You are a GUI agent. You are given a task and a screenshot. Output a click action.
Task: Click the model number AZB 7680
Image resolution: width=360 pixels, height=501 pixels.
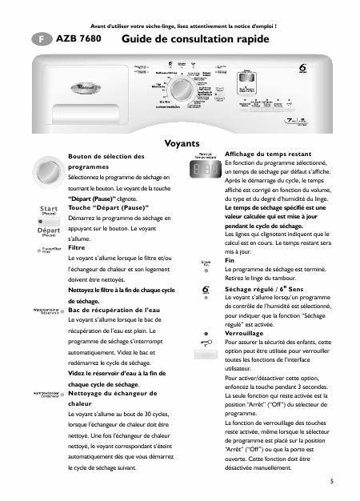tap(78, 38)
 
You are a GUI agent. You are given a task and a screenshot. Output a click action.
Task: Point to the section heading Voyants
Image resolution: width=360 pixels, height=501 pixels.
tap(181, 144)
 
